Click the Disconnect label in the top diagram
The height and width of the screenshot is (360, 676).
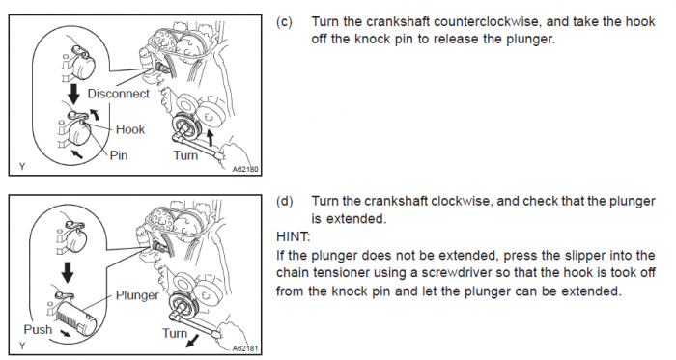[x=118, y=94]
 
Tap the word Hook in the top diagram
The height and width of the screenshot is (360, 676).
[x=130, y=129]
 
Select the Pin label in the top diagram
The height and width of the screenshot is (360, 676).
[x=119, y=155]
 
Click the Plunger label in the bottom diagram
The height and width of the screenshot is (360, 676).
[x=137, y=295]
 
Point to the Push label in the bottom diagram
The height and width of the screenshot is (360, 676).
[x=38, y=329]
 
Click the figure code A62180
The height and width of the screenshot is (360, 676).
[x=245, y=169]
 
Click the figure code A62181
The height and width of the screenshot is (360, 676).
[x=245, y=348]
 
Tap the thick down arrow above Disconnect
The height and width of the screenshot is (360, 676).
[x=74, y=94]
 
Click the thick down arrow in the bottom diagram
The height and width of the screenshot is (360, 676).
[x=68, y=272]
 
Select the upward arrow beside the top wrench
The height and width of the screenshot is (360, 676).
[x=210, y=138]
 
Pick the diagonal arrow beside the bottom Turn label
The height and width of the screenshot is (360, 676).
[x=194, y=341]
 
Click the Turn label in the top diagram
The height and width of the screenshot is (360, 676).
[x=185, y=155]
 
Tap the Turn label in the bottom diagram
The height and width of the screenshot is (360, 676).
[x=175, y=333]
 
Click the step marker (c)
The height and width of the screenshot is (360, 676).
[x=284, y=22]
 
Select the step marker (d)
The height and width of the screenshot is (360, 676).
[x=284, y=201]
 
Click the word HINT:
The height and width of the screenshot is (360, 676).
[x=294, y=236]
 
